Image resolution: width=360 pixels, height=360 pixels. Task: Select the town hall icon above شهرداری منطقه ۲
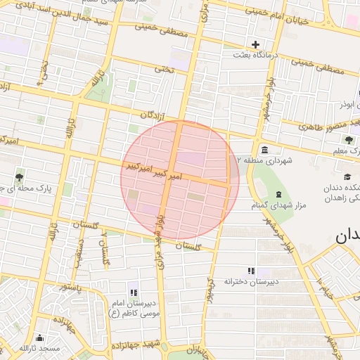[264, 150]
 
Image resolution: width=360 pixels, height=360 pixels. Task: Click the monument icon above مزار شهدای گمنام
[278, 195]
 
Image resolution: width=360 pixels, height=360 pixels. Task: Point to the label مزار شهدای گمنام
[278, 206]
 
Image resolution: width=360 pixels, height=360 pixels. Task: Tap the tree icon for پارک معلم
[349, 140]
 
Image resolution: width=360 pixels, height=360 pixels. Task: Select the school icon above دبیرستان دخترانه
[250, 271]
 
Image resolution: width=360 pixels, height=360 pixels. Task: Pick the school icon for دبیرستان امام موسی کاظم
[133, 292]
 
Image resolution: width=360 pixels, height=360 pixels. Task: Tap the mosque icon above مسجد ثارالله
[39, 337]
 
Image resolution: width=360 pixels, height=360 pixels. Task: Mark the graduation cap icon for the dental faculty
[347, 177]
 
